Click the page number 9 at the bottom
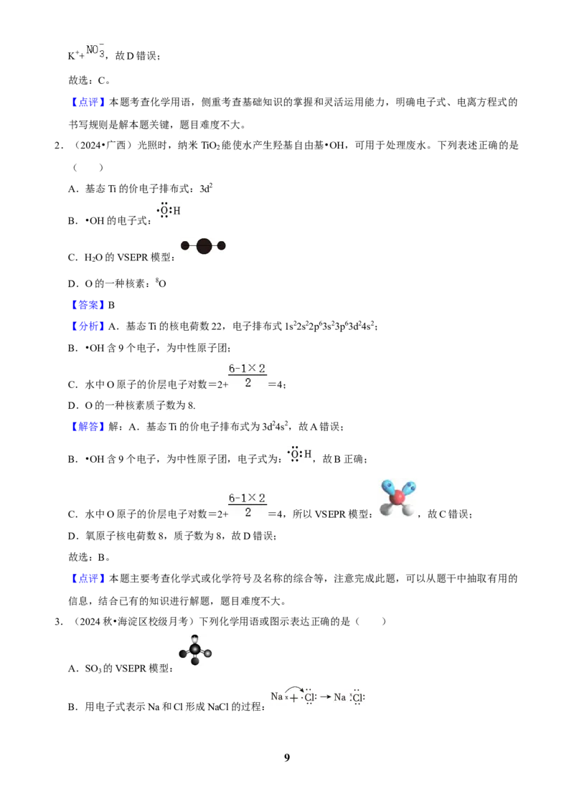[x=286, y=757]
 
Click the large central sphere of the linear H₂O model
[x=204, y=246]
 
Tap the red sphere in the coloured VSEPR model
[x=397, y=499]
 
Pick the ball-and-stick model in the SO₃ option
[x=194, y=651]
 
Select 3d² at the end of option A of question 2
[x=206, y=189]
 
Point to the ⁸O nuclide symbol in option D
[x=161, y=283]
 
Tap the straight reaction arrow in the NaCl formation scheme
[x=325, y=697]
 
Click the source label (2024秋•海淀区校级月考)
[x=132, y=621]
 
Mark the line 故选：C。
[x=89, y=80]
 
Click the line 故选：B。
[x=89, y=557]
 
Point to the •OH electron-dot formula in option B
[x=169, y=210]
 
